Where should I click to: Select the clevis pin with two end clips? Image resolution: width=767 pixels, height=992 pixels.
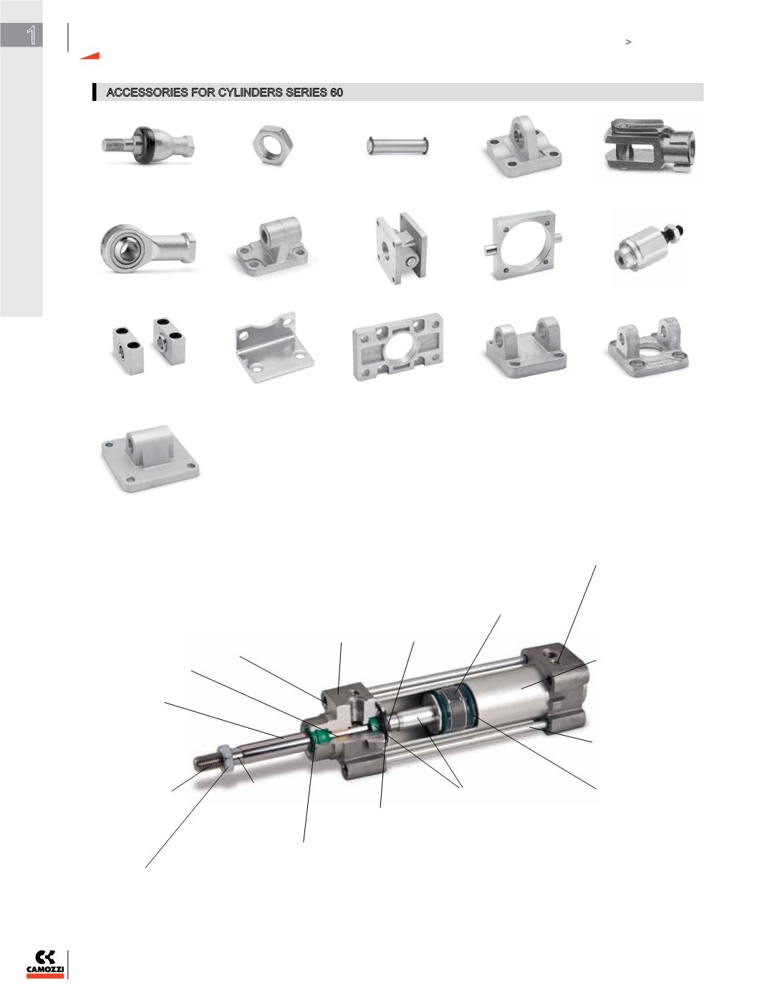pyautogui.click(x=397, y=145)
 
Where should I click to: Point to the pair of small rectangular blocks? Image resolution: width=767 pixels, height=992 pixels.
pyautogui.click(x=149, y=346)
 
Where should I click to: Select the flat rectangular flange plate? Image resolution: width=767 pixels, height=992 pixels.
pyautogui.click(x=398, y=346)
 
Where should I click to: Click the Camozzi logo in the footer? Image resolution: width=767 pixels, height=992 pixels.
pyautogui.click(x=45, y=963)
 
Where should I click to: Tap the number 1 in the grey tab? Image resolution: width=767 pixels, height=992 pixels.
pyautogui.click(x=31, y=35)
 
